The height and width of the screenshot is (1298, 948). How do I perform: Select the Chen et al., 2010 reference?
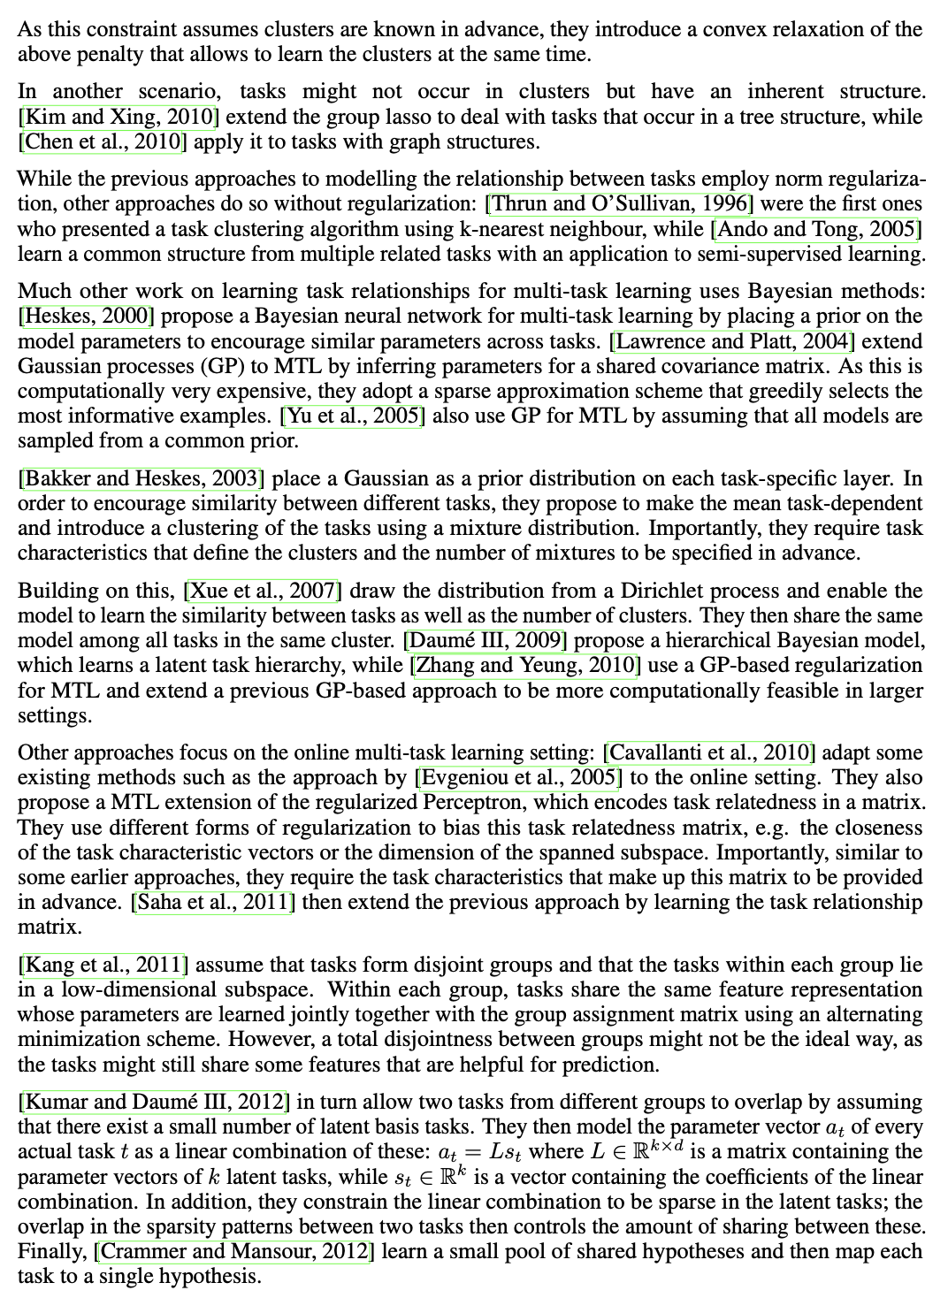(102, 141)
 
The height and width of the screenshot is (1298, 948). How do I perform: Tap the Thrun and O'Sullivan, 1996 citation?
(619, 204)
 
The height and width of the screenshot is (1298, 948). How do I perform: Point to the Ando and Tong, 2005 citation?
(816, 229)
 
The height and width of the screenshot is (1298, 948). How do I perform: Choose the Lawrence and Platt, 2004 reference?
(733, 341)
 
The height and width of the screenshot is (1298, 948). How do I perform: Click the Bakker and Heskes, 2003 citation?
(141, 479)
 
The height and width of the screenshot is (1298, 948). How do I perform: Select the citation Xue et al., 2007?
(263, 591)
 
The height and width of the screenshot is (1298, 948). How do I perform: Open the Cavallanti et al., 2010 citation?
(708, 752)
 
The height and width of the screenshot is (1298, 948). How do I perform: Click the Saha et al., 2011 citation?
(212, 903)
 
